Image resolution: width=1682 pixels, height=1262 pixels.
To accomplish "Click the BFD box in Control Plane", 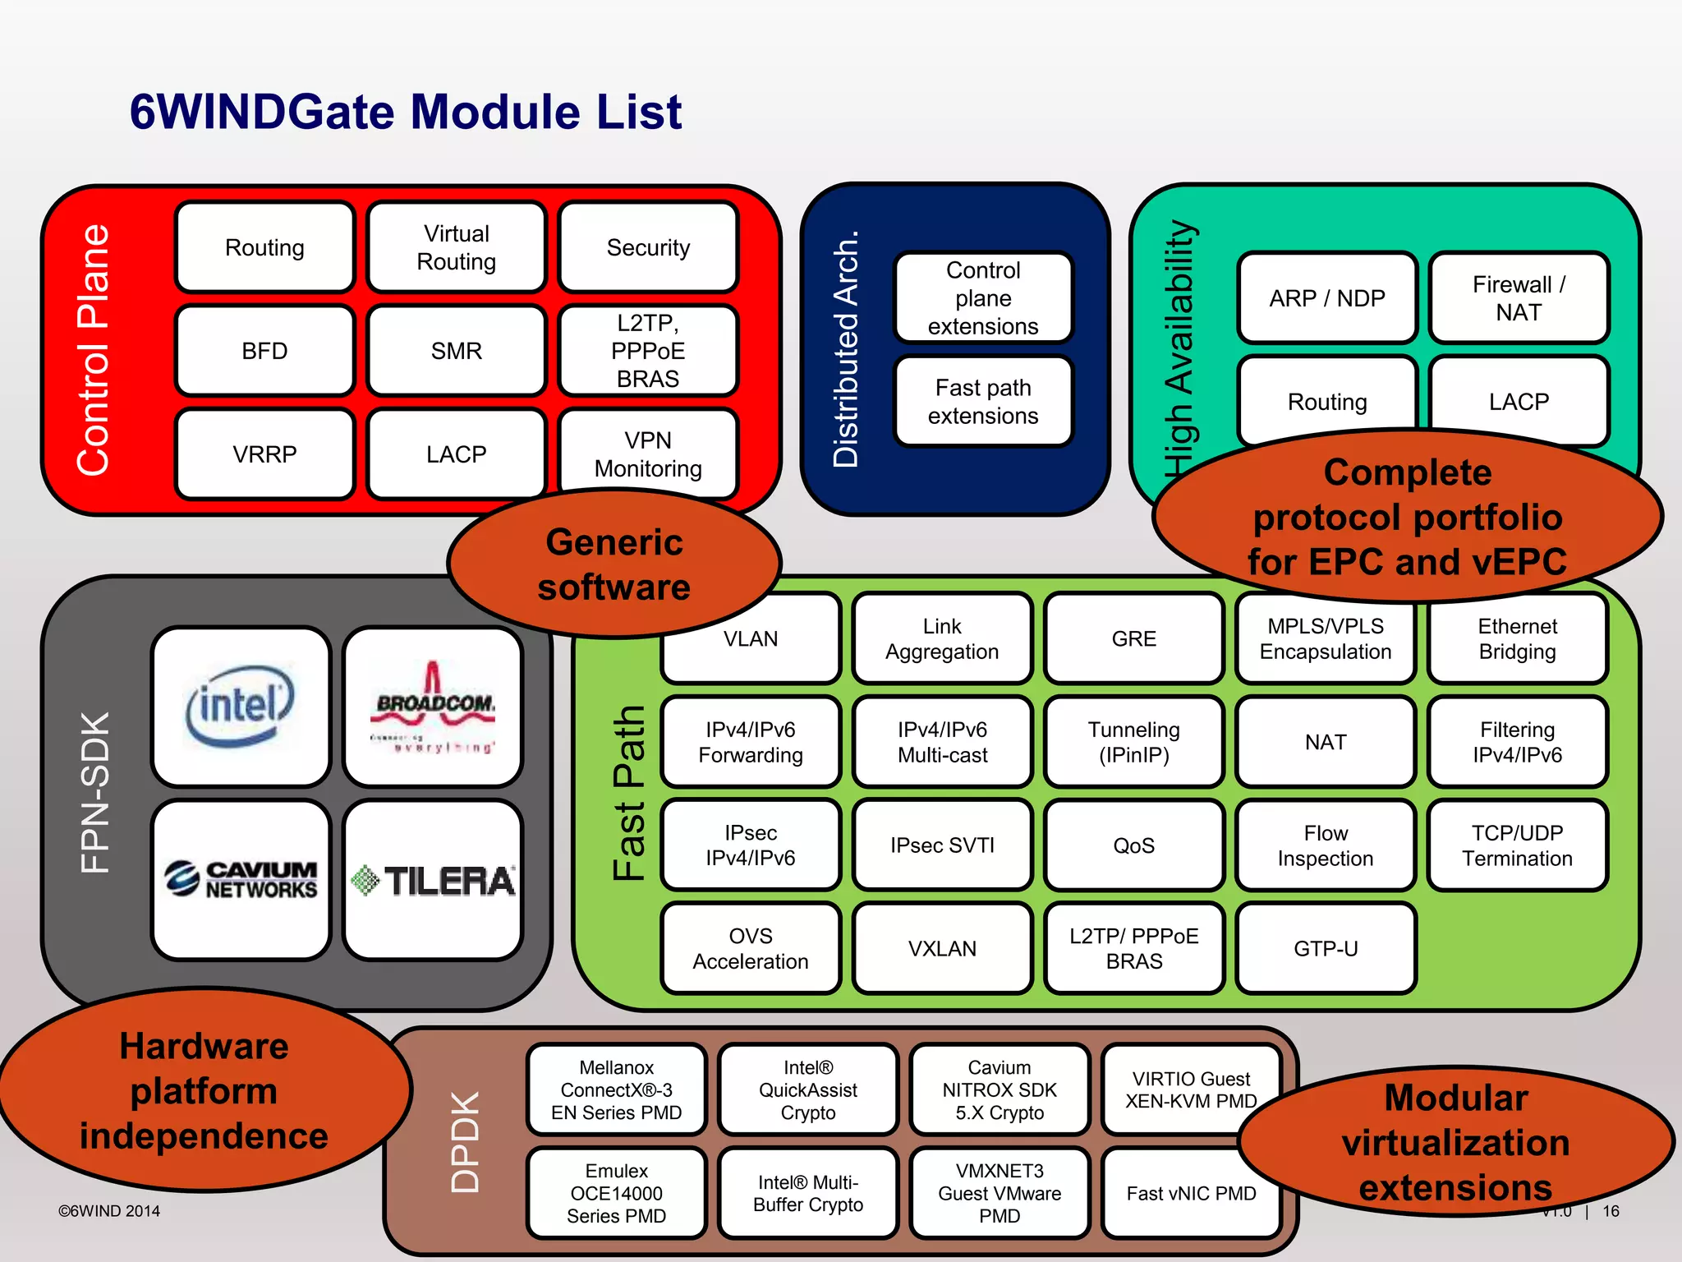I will pyautogui.click(x=264, y=351).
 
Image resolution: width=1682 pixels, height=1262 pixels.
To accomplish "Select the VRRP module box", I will pyautogui.click(x=264, y=454).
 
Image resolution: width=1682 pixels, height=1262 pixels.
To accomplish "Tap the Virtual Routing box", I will pyautogui.click(x=456, y=247).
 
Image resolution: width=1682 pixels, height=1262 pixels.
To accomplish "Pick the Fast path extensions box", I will pyautogui.click(x=983, y=402).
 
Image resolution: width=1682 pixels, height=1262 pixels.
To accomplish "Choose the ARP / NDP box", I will pyautogui.click(x=1326, y=298).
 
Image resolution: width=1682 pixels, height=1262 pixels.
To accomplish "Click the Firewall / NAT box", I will pyautogui.click(x=1519, y=298).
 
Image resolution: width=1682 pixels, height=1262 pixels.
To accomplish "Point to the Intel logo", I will pyautogui.click(x=241, y=707).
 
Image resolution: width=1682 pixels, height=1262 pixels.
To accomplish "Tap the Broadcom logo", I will pyautogui.click(x=433, y=707).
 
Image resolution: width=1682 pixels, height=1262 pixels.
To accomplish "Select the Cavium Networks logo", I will pyautogui.click(x=241, y=879).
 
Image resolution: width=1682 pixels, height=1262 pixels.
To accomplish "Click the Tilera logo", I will pyautogui.click(x=433, y=880).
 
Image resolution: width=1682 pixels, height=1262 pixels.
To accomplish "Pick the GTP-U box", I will pyautogui.click(x=1326, y=948).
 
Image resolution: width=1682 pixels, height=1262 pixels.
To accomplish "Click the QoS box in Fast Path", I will pyautogui.click(x=1133, y=845).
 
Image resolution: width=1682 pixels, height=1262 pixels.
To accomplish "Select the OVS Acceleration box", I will pyautogui.click(x=750, y=948).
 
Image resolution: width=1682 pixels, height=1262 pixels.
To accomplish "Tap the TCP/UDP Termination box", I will pyautogui.click(x=1517, y=845).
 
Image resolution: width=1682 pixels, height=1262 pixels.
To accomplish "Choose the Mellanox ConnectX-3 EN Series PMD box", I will pyautogui.click(x=616, y=1089).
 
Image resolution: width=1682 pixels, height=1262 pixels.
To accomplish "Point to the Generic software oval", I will pyautogui.click(x=614, y=564).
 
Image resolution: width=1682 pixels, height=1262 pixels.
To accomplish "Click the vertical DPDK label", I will pyautogui.click(x=466, y=1141).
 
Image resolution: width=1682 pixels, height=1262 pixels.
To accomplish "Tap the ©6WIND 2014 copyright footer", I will pyautogui.click(x=109, y=1211).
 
